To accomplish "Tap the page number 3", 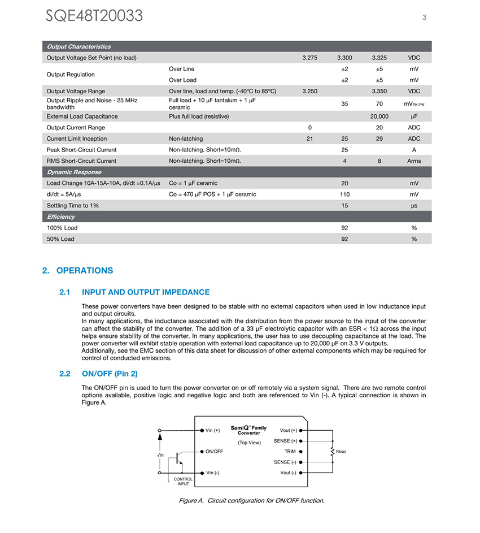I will pos(424,17).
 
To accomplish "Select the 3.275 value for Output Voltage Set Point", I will pos(309,58).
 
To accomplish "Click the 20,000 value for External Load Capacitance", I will pos(379,116).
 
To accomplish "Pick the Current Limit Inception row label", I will pos(77,138).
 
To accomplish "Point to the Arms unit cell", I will pos(414,161).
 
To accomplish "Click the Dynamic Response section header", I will pos(74,172).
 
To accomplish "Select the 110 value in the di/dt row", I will pos(344,194).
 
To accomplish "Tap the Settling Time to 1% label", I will pos(73,206).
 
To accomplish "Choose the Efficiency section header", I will pos(61,216).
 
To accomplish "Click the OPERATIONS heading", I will pos(84,271).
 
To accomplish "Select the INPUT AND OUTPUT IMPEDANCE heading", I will pos(146,292).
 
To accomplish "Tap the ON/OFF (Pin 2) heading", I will pos(110,374).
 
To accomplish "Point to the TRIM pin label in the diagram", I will pos(290,452).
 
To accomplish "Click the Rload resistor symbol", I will pos(333,451).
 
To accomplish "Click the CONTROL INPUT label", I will pos(183,482).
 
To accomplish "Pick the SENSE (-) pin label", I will pos(285,462).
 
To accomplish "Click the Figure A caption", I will pos(251,500).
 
